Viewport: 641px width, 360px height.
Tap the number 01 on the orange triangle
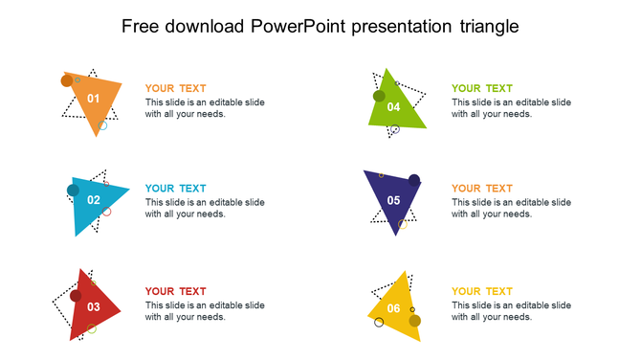(x=94, y=99)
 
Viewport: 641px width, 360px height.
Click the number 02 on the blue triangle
(x=94, y=200)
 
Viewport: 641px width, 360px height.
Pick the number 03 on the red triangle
(x=94, y=307)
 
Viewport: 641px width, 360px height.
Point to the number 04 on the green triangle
(x=393, y=107)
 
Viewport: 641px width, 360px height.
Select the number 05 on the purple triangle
(x=393, y=200)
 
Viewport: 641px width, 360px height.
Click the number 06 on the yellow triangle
(x=393, y=308)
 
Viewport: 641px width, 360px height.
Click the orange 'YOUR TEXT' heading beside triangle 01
(x=175, y=88)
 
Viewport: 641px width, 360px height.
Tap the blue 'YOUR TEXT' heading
(x=175, y=189)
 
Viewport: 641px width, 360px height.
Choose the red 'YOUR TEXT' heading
(x=175, y=291)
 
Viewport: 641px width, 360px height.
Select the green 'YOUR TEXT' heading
(x=481, y=88)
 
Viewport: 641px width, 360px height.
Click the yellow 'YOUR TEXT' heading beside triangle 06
(x=481, y=291)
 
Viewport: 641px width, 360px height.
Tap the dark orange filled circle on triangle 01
(x=67, y=81)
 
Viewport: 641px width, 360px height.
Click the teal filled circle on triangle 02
(x=73, y=191)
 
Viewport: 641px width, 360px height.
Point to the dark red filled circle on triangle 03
(x=76, y=296)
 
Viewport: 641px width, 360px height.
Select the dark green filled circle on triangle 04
(x=379, y=96)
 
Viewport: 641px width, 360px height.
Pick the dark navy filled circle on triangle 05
(x=414, y=180)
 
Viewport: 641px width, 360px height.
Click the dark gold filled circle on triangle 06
(x=414, y=321)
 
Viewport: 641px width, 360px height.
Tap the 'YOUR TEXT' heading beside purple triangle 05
(x=481, y=189)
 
